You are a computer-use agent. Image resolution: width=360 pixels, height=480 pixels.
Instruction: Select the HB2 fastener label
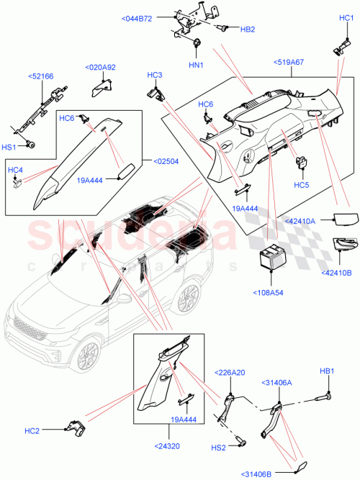pyautogui.click(x=247, y=30)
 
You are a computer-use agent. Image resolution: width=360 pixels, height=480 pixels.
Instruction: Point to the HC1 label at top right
pyautogui.click(x=345, y=18)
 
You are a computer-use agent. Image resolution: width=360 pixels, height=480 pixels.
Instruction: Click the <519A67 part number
pyautogui.click(x=289, y=63)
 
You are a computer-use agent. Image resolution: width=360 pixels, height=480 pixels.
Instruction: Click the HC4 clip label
pyautogui.click(x=16, y=170)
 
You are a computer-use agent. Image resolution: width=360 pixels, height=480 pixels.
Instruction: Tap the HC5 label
pyautogui.click(x=302, y=184)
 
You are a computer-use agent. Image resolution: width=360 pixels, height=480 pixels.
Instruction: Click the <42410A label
pyautogui.click(x=300, y=222)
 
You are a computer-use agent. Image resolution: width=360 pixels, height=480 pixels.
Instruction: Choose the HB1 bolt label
pyautogui.click(x=328, y=371)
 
